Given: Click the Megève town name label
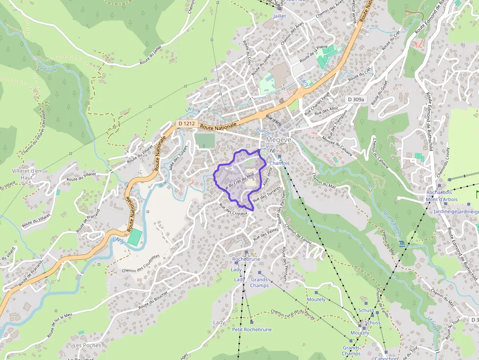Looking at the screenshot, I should [x=279, y=140].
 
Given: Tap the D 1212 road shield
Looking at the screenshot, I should [x=187, y=124].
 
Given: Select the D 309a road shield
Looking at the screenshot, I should [x=356, y=99].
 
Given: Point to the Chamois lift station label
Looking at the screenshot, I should [x=280, y=163].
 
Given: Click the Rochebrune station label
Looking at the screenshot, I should [x=246, y=259].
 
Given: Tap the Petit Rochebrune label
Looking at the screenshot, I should [x=252, y=330].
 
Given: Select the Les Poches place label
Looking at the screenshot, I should [x=87, y=345].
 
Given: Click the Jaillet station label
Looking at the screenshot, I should [x=280, y=16].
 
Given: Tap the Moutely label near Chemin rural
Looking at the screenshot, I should [x=316, y=299].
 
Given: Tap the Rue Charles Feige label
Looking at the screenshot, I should [x=317, y=103].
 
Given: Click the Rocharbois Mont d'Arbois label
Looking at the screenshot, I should [x=439, y=195].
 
